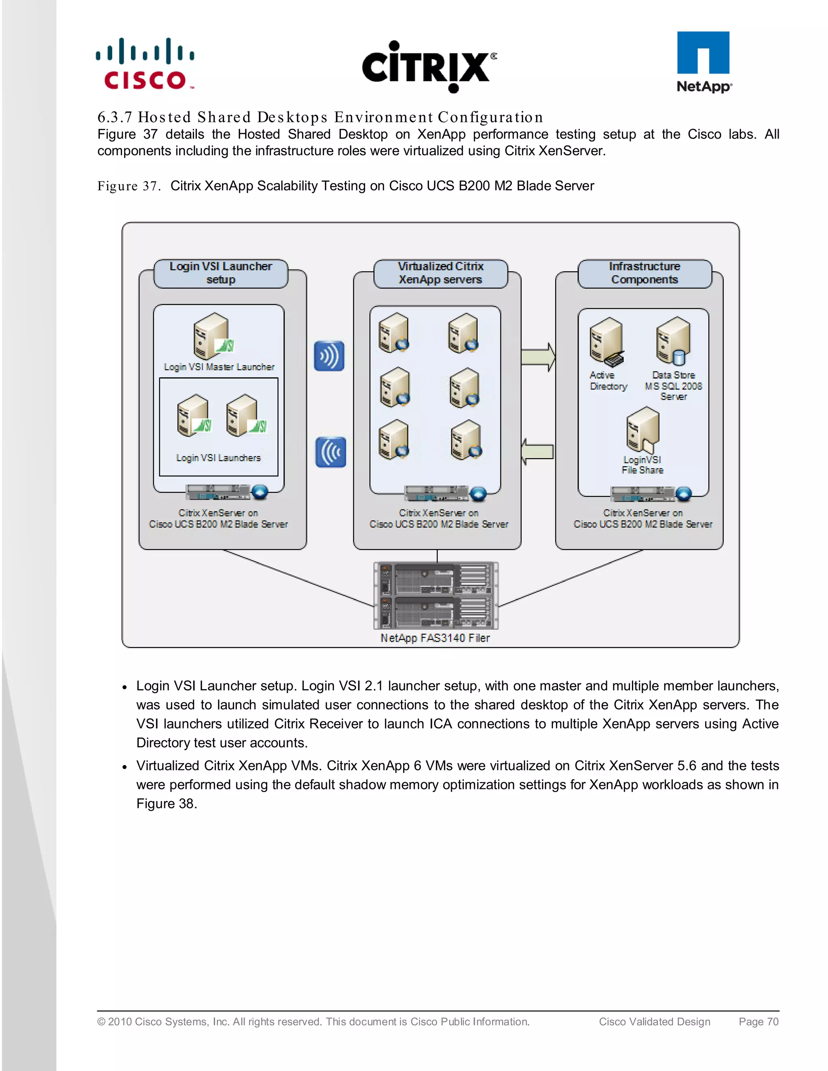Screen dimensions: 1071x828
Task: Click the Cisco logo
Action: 145,64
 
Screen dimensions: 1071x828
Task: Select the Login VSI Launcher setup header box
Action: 220,273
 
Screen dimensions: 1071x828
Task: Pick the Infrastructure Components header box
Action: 644,273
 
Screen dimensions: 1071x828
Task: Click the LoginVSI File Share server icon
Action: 642,430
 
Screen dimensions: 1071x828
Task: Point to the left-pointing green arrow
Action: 537,451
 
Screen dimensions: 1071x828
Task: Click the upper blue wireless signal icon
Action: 329,356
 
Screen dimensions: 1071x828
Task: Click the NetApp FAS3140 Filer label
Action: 435,638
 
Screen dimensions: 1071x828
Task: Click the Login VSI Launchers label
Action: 218,457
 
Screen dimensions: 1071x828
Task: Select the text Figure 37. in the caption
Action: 129,186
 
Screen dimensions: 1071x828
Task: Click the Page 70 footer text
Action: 758,1021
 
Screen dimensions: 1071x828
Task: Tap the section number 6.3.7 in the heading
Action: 115,117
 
